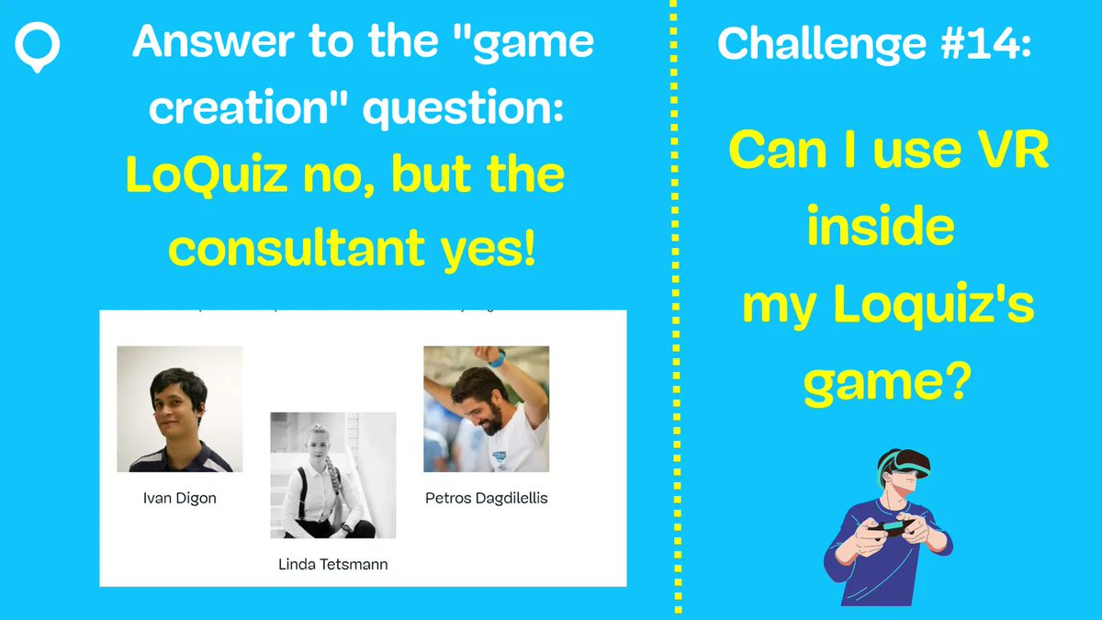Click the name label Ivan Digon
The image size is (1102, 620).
pos(180,499)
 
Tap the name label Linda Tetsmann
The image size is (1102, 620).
pos(332,565)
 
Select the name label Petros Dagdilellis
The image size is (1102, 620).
pos(486,499)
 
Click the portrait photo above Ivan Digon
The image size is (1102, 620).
pos(180,409)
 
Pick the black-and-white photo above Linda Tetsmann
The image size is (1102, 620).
pos(332,475)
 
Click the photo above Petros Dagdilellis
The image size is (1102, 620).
pos(486,409)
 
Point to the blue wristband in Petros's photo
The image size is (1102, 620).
pos(496,359)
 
